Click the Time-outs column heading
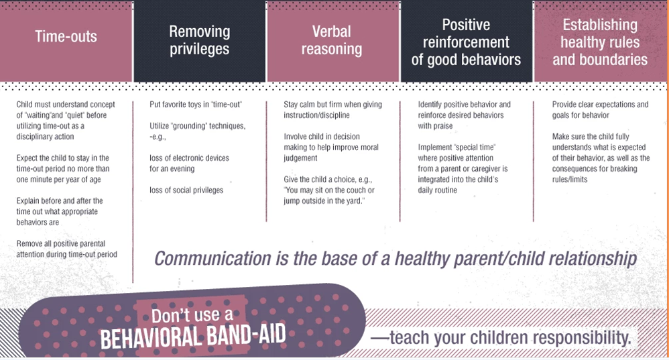[x=66, y=37]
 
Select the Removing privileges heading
[x=200, y=40]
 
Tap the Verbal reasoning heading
[x=332, y=40]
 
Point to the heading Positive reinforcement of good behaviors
[x=466, y=42]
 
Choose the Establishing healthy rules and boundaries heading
[x=600, y=42]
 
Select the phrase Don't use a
[x=192, y=316]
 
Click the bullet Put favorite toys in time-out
[x=196, y=105]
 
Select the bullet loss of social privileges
[x=186, y=190]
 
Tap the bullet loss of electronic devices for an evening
[x=190, y=164]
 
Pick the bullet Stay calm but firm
[x=332, y=110]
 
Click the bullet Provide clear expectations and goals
[x=601, y=110]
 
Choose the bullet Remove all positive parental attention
[x=66, y=249]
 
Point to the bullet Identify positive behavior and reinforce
[x=464, y=115]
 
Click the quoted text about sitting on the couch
[x=329, y=195]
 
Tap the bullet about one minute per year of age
[x=63, y=168]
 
